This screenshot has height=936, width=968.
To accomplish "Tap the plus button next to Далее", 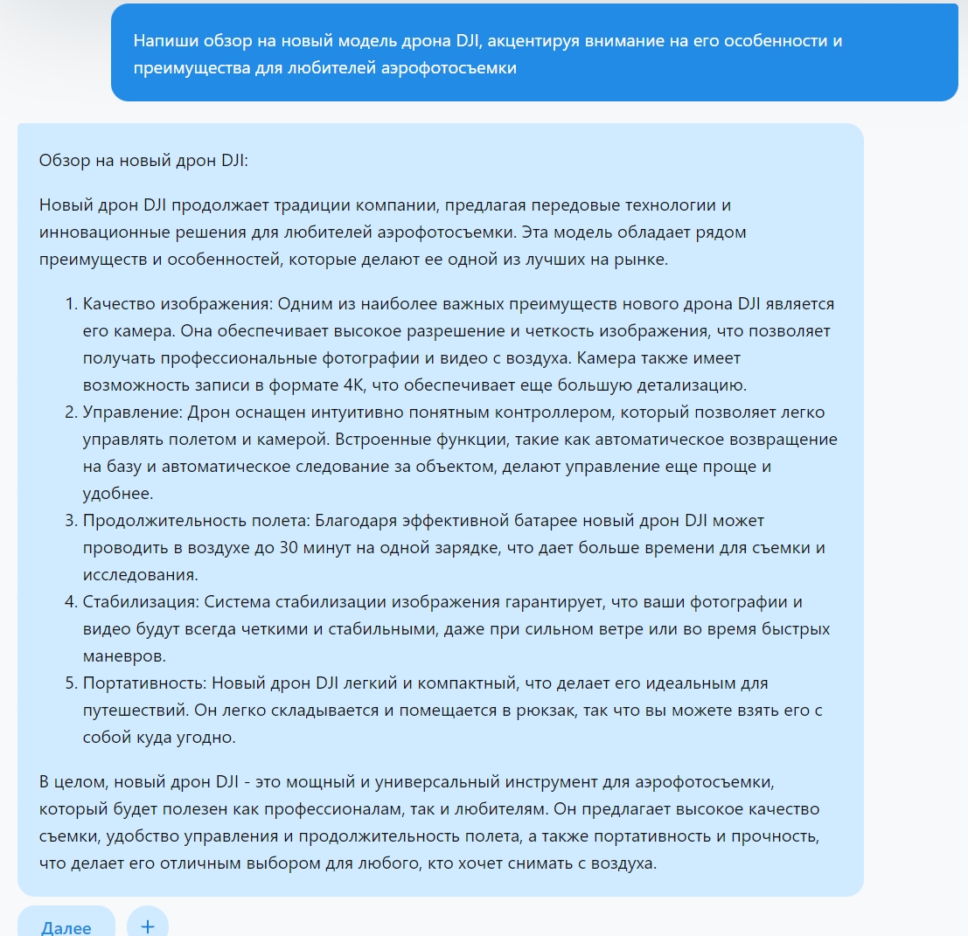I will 147,926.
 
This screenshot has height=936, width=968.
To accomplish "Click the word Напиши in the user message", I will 164,41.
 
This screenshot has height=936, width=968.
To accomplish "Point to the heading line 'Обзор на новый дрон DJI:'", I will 143,161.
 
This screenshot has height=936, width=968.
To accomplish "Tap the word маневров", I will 123,656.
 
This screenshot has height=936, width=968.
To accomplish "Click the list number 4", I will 71,602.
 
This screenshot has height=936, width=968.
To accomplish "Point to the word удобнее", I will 118,494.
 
